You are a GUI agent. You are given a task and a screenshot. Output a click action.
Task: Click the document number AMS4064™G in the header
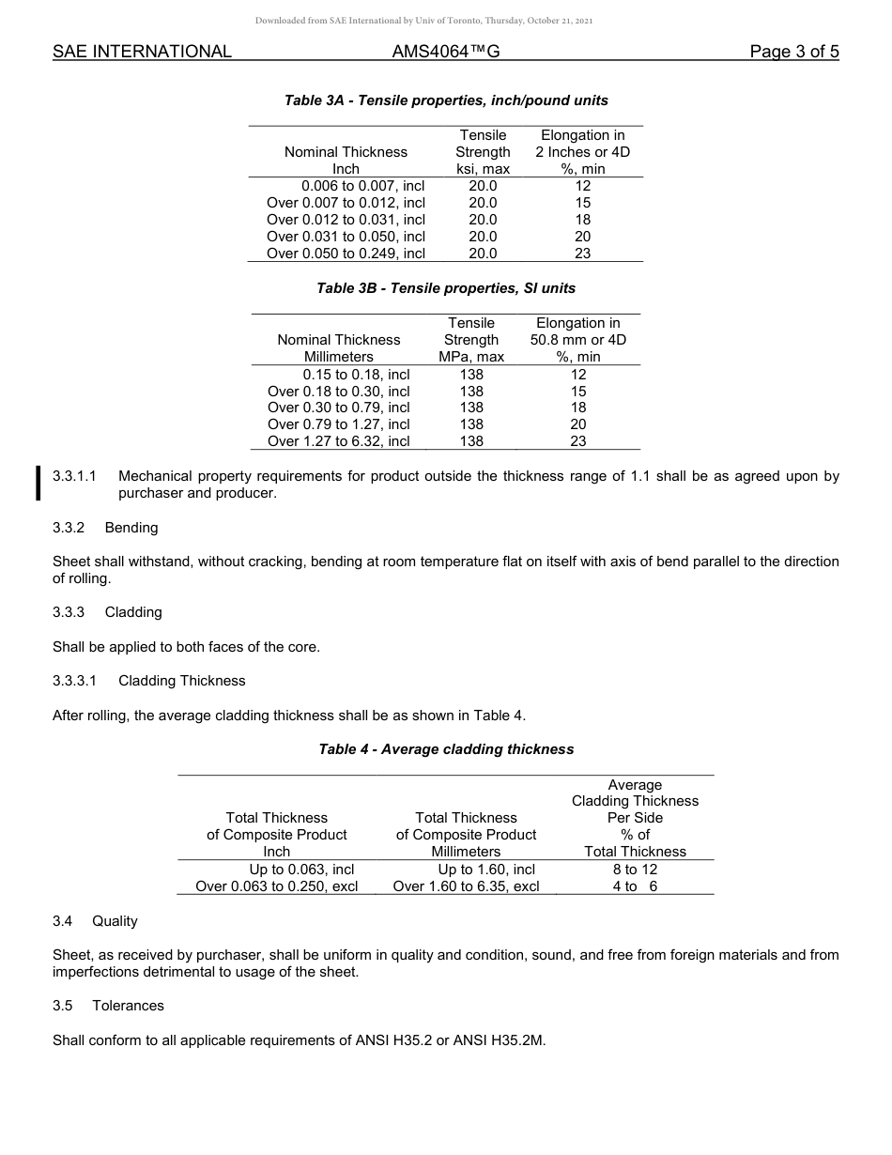(445, 52)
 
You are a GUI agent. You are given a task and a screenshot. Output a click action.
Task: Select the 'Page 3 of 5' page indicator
(793, 52)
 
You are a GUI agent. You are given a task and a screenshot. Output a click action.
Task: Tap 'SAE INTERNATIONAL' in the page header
(142, 52)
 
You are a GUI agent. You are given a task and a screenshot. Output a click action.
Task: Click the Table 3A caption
(446, 100)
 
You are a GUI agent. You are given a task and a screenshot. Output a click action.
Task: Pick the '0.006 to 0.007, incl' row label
(362, 186)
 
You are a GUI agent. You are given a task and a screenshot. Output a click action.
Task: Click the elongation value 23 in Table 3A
(582, 254)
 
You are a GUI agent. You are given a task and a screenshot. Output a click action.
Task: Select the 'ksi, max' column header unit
(483, 169)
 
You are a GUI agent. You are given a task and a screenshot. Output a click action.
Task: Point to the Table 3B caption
(446, 288)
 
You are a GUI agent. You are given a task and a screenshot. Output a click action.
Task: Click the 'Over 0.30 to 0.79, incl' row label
(338, 408)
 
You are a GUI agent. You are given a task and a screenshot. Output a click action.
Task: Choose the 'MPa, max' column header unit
(471, 357)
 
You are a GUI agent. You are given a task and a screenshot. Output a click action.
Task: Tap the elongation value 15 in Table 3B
(577, 391)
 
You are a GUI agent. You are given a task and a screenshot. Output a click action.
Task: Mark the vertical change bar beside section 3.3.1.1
(38, 484)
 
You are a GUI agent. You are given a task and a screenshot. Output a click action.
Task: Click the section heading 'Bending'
(131, 527)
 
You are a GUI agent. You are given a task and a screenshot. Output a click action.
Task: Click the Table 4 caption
(446, 749)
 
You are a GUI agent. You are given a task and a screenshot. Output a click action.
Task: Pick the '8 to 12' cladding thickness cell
(635, 870)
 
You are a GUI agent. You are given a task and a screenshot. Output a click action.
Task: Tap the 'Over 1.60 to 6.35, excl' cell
(466, 886)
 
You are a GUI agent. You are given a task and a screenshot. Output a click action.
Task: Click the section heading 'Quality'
(115, 921)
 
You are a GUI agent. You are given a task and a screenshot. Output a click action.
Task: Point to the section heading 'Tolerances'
(128, 1006)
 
